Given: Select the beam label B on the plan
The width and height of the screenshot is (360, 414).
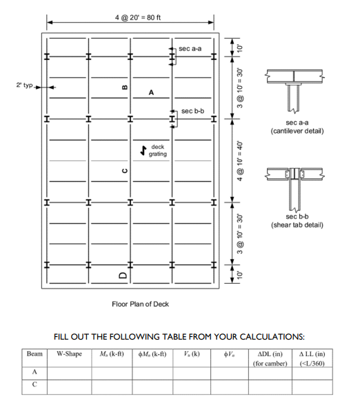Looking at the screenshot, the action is [x=124, y=87].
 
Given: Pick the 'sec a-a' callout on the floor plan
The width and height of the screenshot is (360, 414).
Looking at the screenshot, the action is [x=190, y=49].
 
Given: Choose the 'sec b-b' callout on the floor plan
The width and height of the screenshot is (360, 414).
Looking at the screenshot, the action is [x=193, y=111].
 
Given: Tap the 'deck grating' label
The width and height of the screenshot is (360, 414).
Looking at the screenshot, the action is [x=157, y=150].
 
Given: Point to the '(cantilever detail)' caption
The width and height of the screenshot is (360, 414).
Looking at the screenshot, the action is [x=297, y=130].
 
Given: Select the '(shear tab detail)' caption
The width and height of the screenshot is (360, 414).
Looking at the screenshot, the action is [x=297, y=224].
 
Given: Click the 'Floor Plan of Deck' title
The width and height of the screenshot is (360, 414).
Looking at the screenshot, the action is [x=140, y=304].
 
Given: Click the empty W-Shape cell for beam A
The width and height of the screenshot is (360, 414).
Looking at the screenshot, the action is [x=69, y=372].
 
